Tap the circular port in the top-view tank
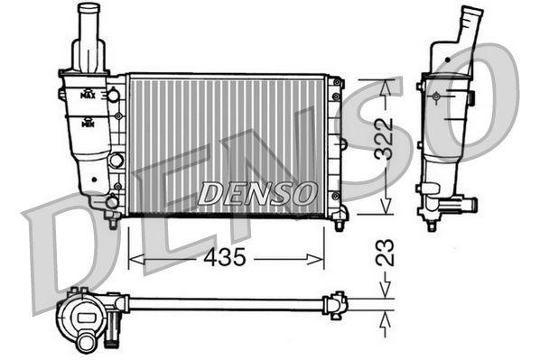(x=87, y=341)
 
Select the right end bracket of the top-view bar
(x=337, y=304)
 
